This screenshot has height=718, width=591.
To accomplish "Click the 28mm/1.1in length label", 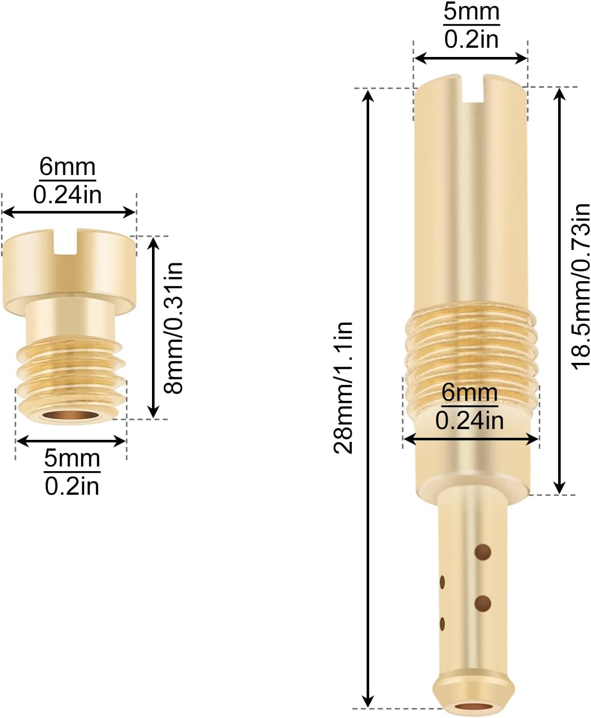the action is coord(343,387).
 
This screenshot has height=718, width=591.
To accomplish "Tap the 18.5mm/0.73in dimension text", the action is coord(581,287).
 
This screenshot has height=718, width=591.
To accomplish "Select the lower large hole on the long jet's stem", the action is coord(483,604).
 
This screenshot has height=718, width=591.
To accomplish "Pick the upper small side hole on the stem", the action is coord(442,582).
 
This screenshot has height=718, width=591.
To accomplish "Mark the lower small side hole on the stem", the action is coord(442,624).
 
